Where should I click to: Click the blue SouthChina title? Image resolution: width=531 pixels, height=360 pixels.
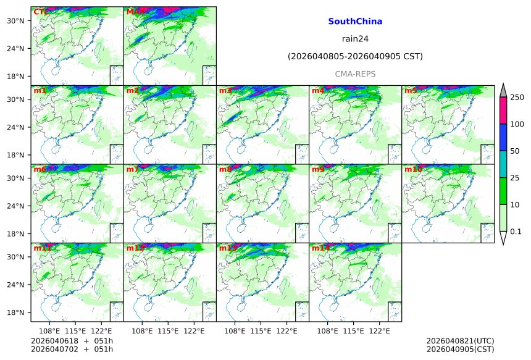pyautogui.click(x=355, y=21)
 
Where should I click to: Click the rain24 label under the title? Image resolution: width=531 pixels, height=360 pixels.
pyautogui.click(x=355, y=39)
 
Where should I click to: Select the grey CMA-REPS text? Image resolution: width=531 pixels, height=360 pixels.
pyautogui.click(x=355, y=74)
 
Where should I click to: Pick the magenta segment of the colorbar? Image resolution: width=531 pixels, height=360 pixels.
pyautogui.click(x=503, y=111)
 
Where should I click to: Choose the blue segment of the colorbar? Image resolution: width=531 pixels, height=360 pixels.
pyautogui.click(x=503, y=137)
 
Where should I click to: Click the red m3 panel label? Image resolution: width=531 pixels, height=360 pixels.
pyautogui.click(x=225, y=91)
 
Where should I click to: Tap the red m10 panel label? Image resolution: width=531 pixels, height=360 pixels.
pyautogui.click(x=413, y=169)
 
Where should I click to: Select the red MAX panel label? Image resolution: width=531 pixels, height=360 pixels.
pyautogui.click(x=135, y=12)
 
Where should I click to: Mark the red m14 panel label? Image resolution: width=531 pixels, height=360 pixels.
pyautogui.click(x=320, y=248)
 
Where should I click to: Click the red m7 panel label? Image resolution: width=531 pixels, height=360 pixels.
pyautogui.click(x=133, y=169)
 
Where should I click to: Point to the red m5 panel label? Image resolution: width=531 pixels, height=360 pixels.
pyautogui.click(x=411, y=91)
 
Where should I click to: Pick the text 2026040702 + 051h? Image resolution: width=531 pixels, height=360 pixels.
pyautogui.click(x=72, y=350)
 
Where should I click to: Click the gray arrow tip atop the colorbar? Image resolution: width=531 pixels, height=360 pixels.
pyautogui.click(x=503, y=88)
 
